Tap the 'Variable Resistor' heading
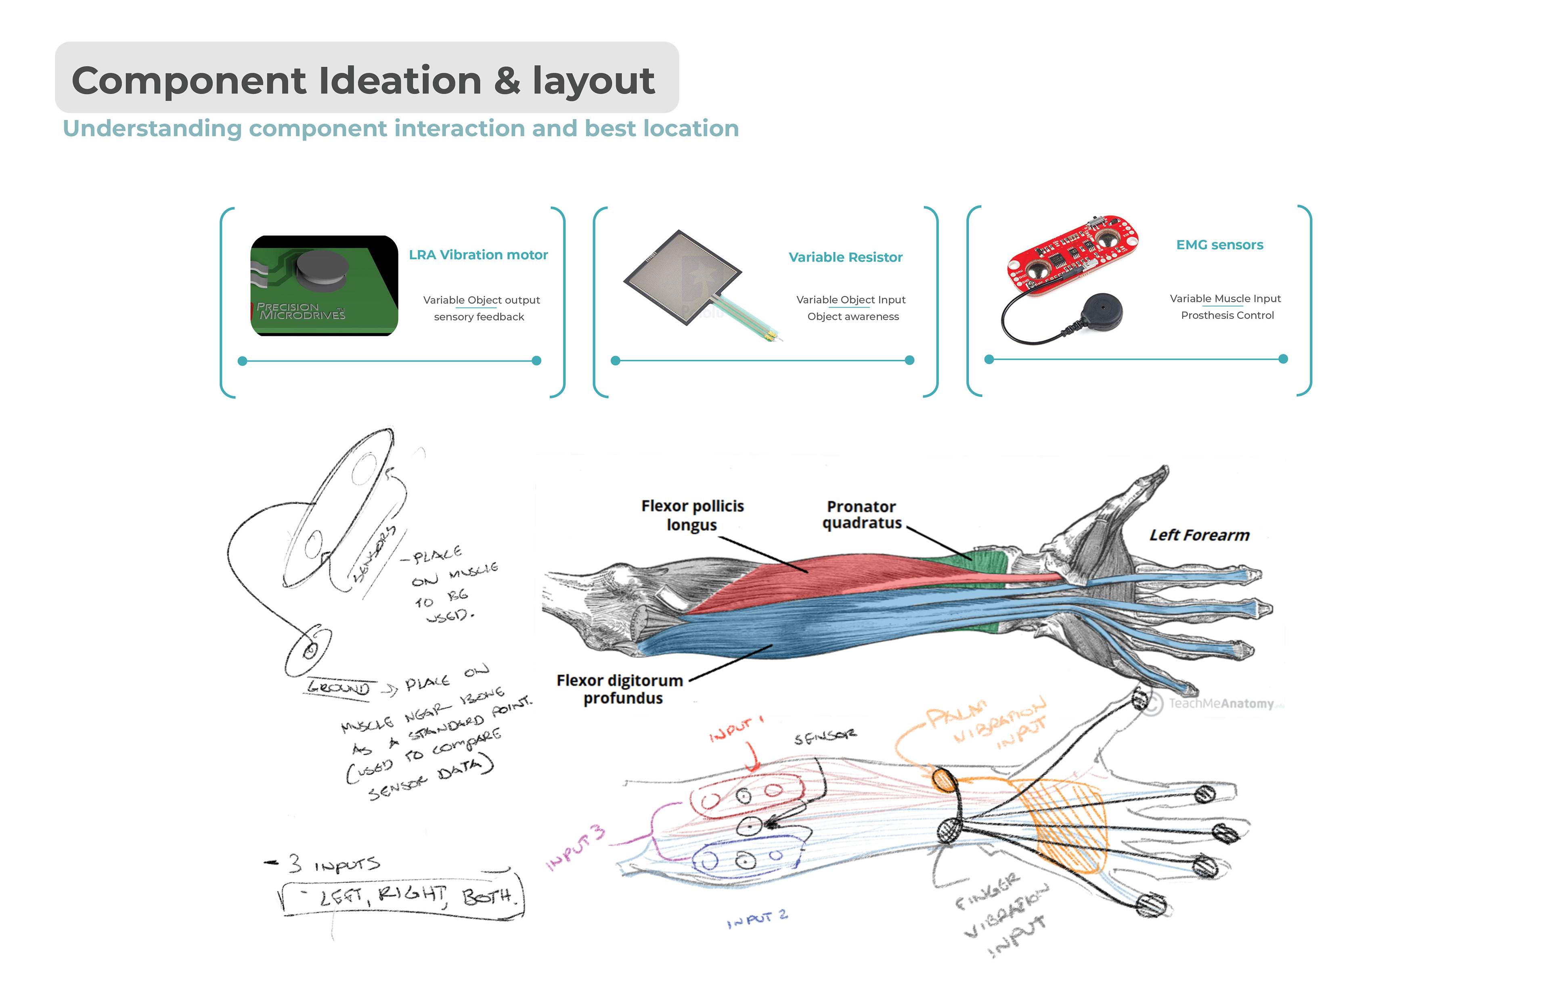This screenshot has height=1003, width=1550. (845, 257)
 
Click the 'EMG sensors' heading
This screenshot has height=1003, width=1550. (1219, 245)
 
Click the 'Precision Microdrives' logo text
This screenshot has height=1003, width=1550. (300, 311)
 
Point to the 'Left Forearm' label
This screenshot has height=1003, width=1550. (1199, 535)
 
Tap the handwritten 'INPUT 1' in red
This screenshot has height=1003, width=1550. (736, 729)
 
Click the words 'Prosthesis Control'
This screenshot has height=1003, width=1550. (1227, 315)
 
